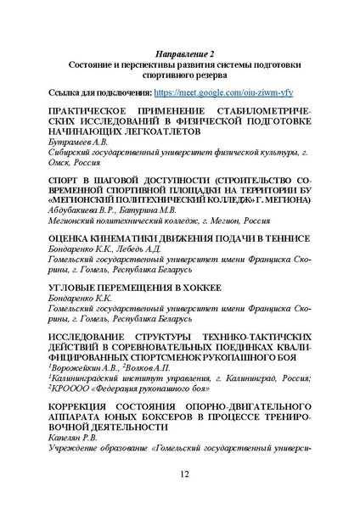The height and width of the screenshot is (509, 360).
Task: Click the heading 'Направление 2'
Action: pos(179,53)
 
